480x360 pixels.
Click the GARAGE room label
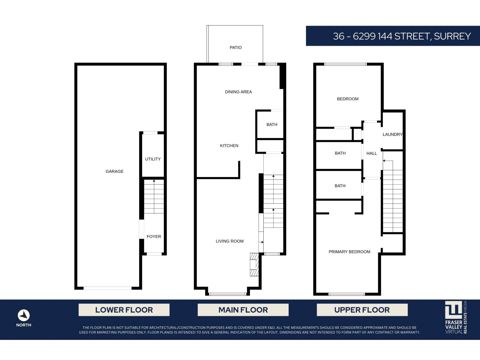[x=114, y=171]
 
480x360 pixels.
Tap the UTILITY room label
[x=153, y=159]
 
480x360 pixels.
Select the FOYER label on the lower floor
[x=154, y=236]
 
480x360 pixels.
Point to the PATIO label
[x=235, y=47]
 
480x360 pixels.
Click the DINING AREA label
[x=238, y=92]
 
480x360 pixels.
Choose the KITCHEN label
[x=229, y=145]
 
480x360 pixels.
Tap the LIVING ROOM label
[x=229, y=241]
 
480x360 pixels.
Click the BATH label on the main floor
[x=272, y=124]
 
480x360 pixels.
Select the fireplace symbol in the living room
[x=254, y=264]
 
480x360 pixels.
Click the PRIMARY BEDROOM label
[x=349, y=252]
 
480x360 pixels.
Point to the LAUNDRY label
[x=392, y=134]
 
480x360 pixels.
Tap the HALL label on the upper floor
[x=371, y=153]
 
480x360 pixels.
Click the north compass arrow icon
[x=24, y=316]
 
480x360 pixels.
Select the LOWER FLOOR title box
[x=124, y=310]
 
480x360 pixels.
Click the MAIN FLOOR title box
[x=243, y=310]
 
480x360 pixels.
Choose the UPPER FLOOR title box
[x=362, y=310]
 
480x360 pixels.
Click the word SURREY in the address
[x=452, y=36]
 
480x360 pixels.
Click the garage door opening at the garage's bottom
[x=107, y=288]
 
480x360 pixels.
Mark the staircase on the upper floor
[x=393, y=198]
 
